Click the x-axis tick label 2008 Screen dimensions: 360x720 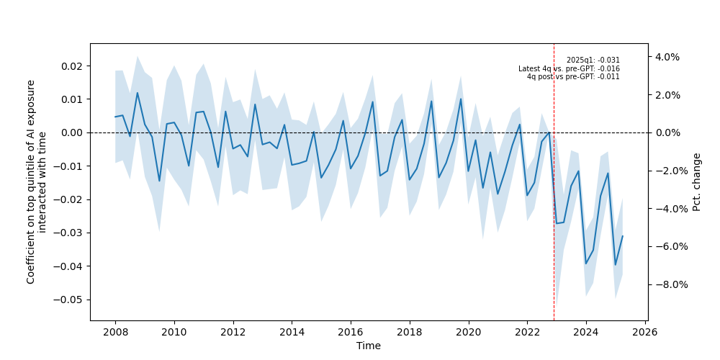(115, 331)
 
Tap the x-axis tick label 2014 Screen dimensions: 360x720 (292, 331)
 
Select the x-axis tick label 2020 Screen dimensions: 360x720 (469, 331)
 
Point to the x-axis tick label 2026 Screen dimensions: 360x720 (645, 331)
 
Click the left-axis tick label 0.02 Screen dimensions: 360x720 (71, 66)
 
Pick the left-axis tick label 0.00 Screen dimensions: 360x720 (71, 132)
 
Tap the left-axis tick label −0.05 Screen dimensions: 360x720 (69, 300)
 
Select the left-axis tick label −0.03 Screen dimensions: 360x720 (69, 233)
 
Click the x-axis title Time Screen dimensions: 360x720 (369, 346)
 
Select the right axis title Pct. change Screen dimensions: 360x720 (697, 181)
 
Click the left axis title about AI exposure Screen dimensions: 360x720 (36, 181)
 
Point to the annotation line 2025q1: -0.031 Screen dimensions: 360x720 (593, 60)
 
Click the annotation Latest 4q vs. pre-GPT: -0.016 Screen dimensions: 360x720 (569, 69)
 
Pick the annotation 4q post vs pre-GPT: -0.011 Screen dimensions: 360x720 (573, 77)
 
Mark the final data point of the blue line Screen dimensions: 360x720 (622, 236)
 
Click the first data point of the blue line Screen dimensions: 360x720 (115, 117)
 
